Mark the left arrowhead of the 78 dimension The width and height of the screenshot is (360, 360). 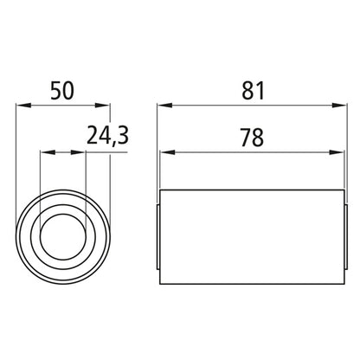(x=166, y=152)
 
